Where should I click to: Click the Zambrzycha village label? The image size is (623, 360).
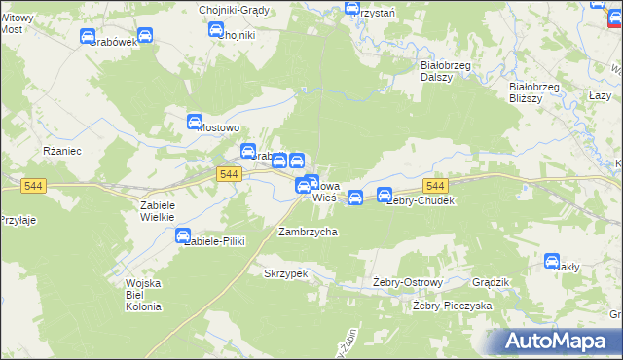pyautogui.click(x=308, y=233)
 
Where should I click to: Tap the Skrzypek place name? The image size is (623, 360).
pyautogui.click(x=285, y=273)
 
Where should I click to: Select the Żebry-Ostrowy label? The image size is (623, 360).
pyautogui.click(x=408, y=282)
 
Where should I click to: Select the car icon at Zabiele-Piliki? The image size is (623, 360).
pyautogui.click(x=183, y=234)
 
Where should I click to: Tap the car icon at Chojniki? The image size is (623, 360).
pyautogui.click(x=216, y=30)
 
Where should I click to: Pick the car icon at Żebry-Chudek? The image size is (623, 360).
pyautogui.click(x=385, y=195)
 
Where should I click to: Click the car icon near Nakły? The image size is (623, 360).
pyautogui.click(x=552, y=261)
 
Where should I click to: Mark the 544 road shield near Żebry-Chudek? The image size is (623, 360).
pyautogui.click(x=435, y=186)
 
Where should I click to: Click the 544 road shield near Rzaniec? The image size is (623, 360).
pyautogui.click(x=33, y=185)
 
